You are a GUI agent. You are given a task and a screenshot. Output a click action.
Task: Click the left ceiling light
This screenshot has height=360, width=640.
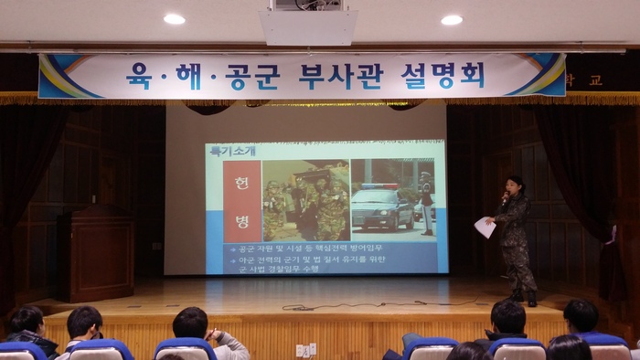click(174, 18)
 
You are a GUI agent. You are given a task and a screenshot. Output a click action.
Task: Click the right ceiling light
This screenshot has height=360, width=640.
click(452, 19)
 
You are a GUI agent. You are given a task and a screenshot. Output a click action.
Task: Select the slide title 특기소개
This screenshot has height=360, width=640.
click(232, 151)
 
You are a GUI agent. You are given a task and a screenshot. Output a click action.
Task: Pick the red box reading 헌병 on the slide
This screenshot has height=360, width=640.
click(242, 200)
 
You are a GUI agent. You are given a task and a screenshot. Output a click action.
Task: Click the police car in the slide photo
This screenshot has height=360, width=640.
click(382, 208)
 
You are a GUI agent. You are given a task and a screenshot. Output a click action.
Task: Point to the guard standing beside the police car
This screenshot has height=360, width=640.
click(426, 203)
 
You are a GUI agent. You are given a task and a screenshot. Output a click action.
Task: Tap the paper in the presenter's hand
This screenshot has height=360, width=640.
click(485, 228)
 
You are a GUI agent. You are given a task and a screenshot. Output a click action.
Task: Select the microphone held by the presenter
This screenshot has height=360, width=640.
click(505, 196)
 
